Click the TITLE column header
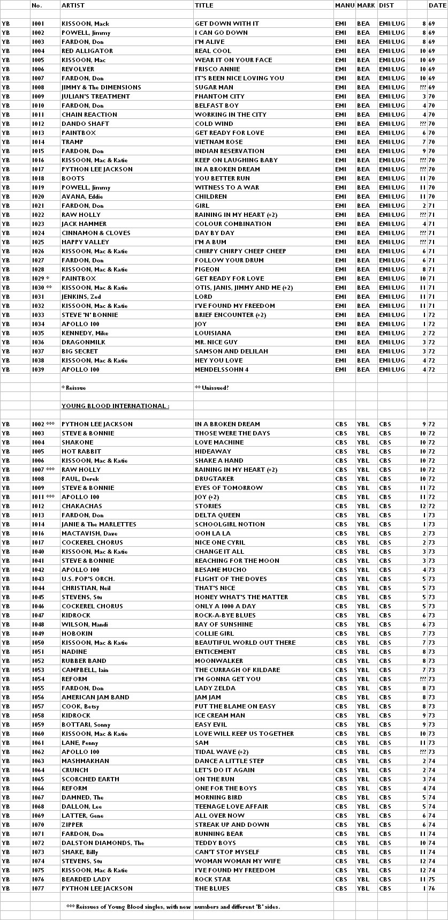click(x=204, y=5)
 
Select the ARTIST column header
click(x=73, y=5)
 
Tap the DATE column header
click(x=437, y=5)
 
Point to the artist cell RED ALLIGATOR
click(x=87, y=51)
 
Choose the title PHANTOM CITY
click(x=219, y=96)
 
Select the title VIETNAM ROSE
click(x=218, y=142)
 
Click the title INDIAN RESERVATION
click(x=229, y=151)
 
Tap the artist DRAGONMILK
click(x=83, y=342)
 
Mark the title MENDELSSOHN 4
click(x=222, y=369)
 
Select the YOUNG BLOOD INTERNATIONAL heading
click(x=115, y=406)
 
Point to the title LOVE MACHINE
click(x=219, y=442)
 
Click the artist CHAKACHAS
click(x=80, y=506)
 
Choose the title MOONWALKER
click(x=219, y=661)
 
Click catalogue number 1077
click(x=38, y=888)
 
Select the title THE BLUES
click(x=212, y=888)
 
